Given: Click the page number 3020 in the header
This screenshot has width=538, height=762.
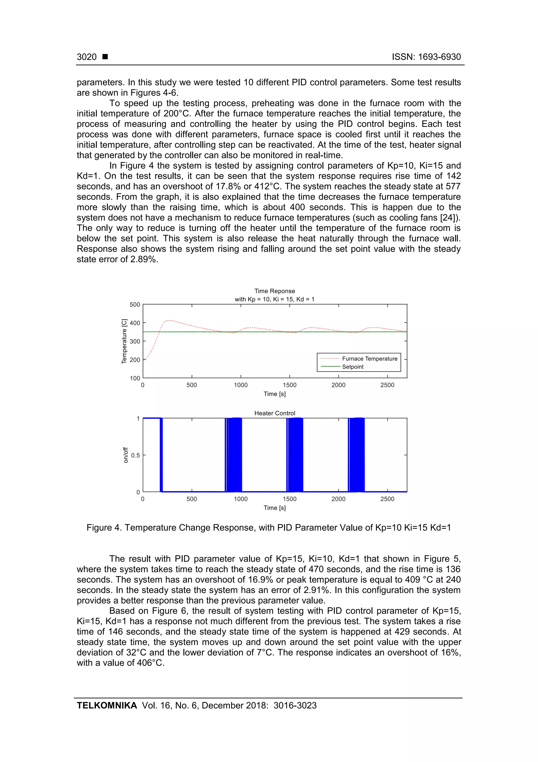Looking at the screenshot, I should (x=86, y=57).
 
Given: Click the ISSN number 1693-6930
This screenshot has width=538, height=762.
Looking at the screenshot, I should (x=439, y=57).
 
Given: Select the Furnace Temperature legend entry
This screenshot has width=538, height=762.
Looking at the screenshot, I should (x=369, y=359).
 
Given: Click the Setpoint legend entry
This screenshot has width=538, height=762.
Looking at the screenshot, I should (x=353, y=367).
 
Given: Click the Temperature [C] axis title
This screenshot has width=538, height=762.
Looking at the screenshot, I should (x=124, y=341).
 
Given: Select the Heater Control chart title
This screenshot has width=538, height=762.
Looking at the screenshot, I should (x=275, y=413).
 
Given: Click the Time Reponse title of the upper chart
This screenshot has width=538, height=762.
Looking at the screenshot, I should (x=275, y=291).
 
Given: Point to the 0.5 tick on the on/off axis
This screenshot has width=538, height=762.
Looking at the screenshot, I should (x=135, y=455).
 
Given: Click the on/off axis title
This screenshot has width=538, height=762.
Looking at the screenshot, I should (x=126, y=455).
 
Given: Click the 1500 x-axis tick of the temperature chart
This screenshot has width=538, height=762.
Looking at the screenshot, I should (x=289, y=385).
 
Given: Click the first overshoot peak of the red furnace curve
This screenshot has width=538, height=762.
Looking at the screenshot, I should (x=169, y=320).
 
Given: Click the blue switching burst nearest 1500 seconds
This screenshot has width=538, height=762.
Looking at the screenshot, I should (x=295, y=455).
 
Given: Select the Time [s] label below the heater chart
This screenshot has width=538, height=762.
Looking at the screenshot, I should (x=275, y=508).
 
